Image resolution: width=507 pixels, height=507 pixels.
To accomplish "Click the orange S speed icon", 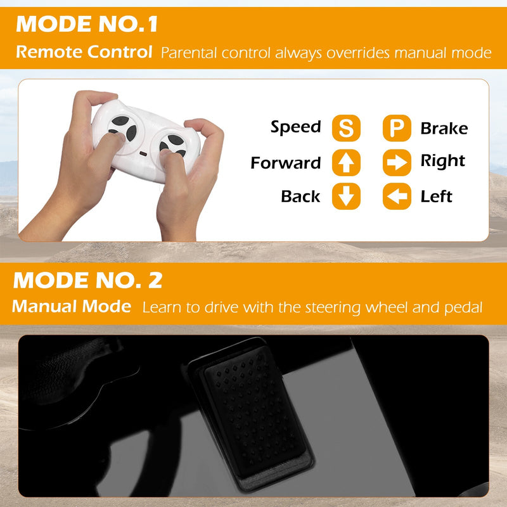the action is coord(346,128).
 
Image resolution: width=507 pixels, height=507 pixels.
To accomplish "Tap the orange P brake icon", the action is coord(397,128).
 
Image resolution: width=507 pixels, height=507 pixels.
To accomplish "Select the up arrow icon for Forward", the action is coord(346,163).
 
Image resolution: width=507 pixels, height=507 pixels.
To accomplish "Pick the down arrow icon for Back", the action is coord(346,196).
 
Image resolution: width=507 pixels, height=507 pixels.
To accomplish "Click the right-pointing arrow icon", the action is coord(397,163).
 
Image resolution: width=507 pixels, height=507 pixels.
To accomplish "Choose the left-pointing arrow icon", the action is coord(397,196).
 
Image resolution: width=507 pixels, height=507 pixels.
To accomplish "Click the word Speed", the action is coord(296,127).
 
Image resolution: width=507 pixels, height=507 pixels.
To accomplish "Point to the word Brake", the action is coord(444,129).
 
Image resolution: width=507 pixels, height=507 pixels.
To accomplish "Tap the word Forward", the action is coord(286,163).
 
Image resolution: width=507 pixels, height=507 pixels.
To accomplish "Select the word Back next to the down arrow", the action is coord(300,196).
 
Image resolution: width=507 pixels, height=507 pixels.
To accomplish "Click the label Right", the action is coord(442,161).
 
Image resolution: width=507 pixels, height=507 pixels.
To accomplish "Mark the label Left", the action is coord(436,196).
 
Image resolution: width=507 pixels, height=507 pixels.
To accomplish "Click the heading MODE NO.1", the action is coord(87,24).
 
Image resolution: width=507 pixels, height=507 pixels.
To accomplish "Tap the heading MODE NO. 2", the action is coord(87,280).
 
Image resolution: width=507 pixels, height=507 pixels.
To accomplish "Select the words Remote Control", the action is coord(84,52).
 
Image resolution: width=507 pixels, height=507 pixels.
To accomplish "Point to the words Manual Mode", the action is coord(72,306).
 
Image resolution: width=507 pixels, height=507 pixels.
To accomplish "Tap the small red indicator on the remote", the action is coord(143,153).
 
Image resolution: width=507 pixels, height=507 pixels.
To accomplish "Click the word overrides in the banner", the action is coord(357,53).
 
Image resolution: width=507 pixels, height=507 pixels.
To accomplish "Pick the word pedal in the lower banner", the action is coord(463,308).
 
